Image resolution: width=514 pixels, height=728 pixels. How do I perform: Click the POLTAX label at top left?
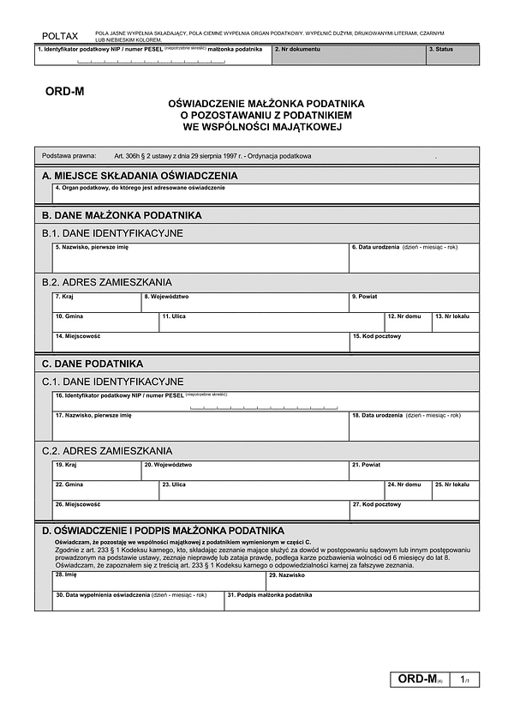[x=59, y=36]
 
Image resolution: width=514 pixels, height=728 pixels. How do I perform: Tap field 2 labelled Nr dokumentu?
[x=350, y=55]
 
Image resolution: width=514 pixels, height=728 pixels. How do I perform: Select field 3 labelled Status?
[x=452, y=55]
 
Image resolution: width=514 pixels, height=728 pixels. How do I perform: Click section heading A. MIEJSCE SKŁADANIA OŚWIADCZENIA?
[x=140, y=176]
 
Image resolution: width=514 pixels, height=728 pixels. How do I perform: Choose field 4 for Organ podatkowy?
[x=266, y=194]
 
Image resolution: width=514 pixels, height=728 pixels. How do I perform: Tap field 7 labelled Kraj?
[x=97, y=303]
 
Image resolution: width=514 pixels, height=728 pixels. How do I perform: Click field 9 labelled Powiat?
[x=414, y=303]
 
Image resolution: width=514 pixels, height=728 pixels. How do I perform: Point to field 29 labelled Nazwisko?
[x=373, y=581]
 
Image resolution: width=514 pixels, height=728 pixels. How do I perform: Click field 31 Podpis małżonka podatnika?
[x=351, y=601]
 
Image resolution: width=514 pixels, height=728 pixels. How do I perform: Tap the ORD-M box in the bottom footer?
[x=420, y=679]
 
